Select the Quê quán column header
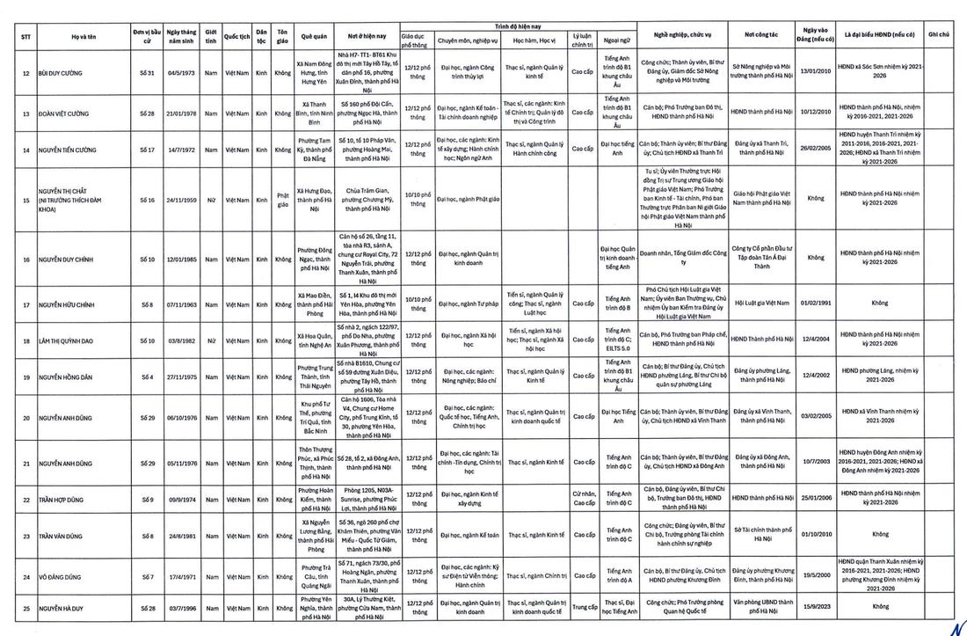[x=314, y=36]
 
